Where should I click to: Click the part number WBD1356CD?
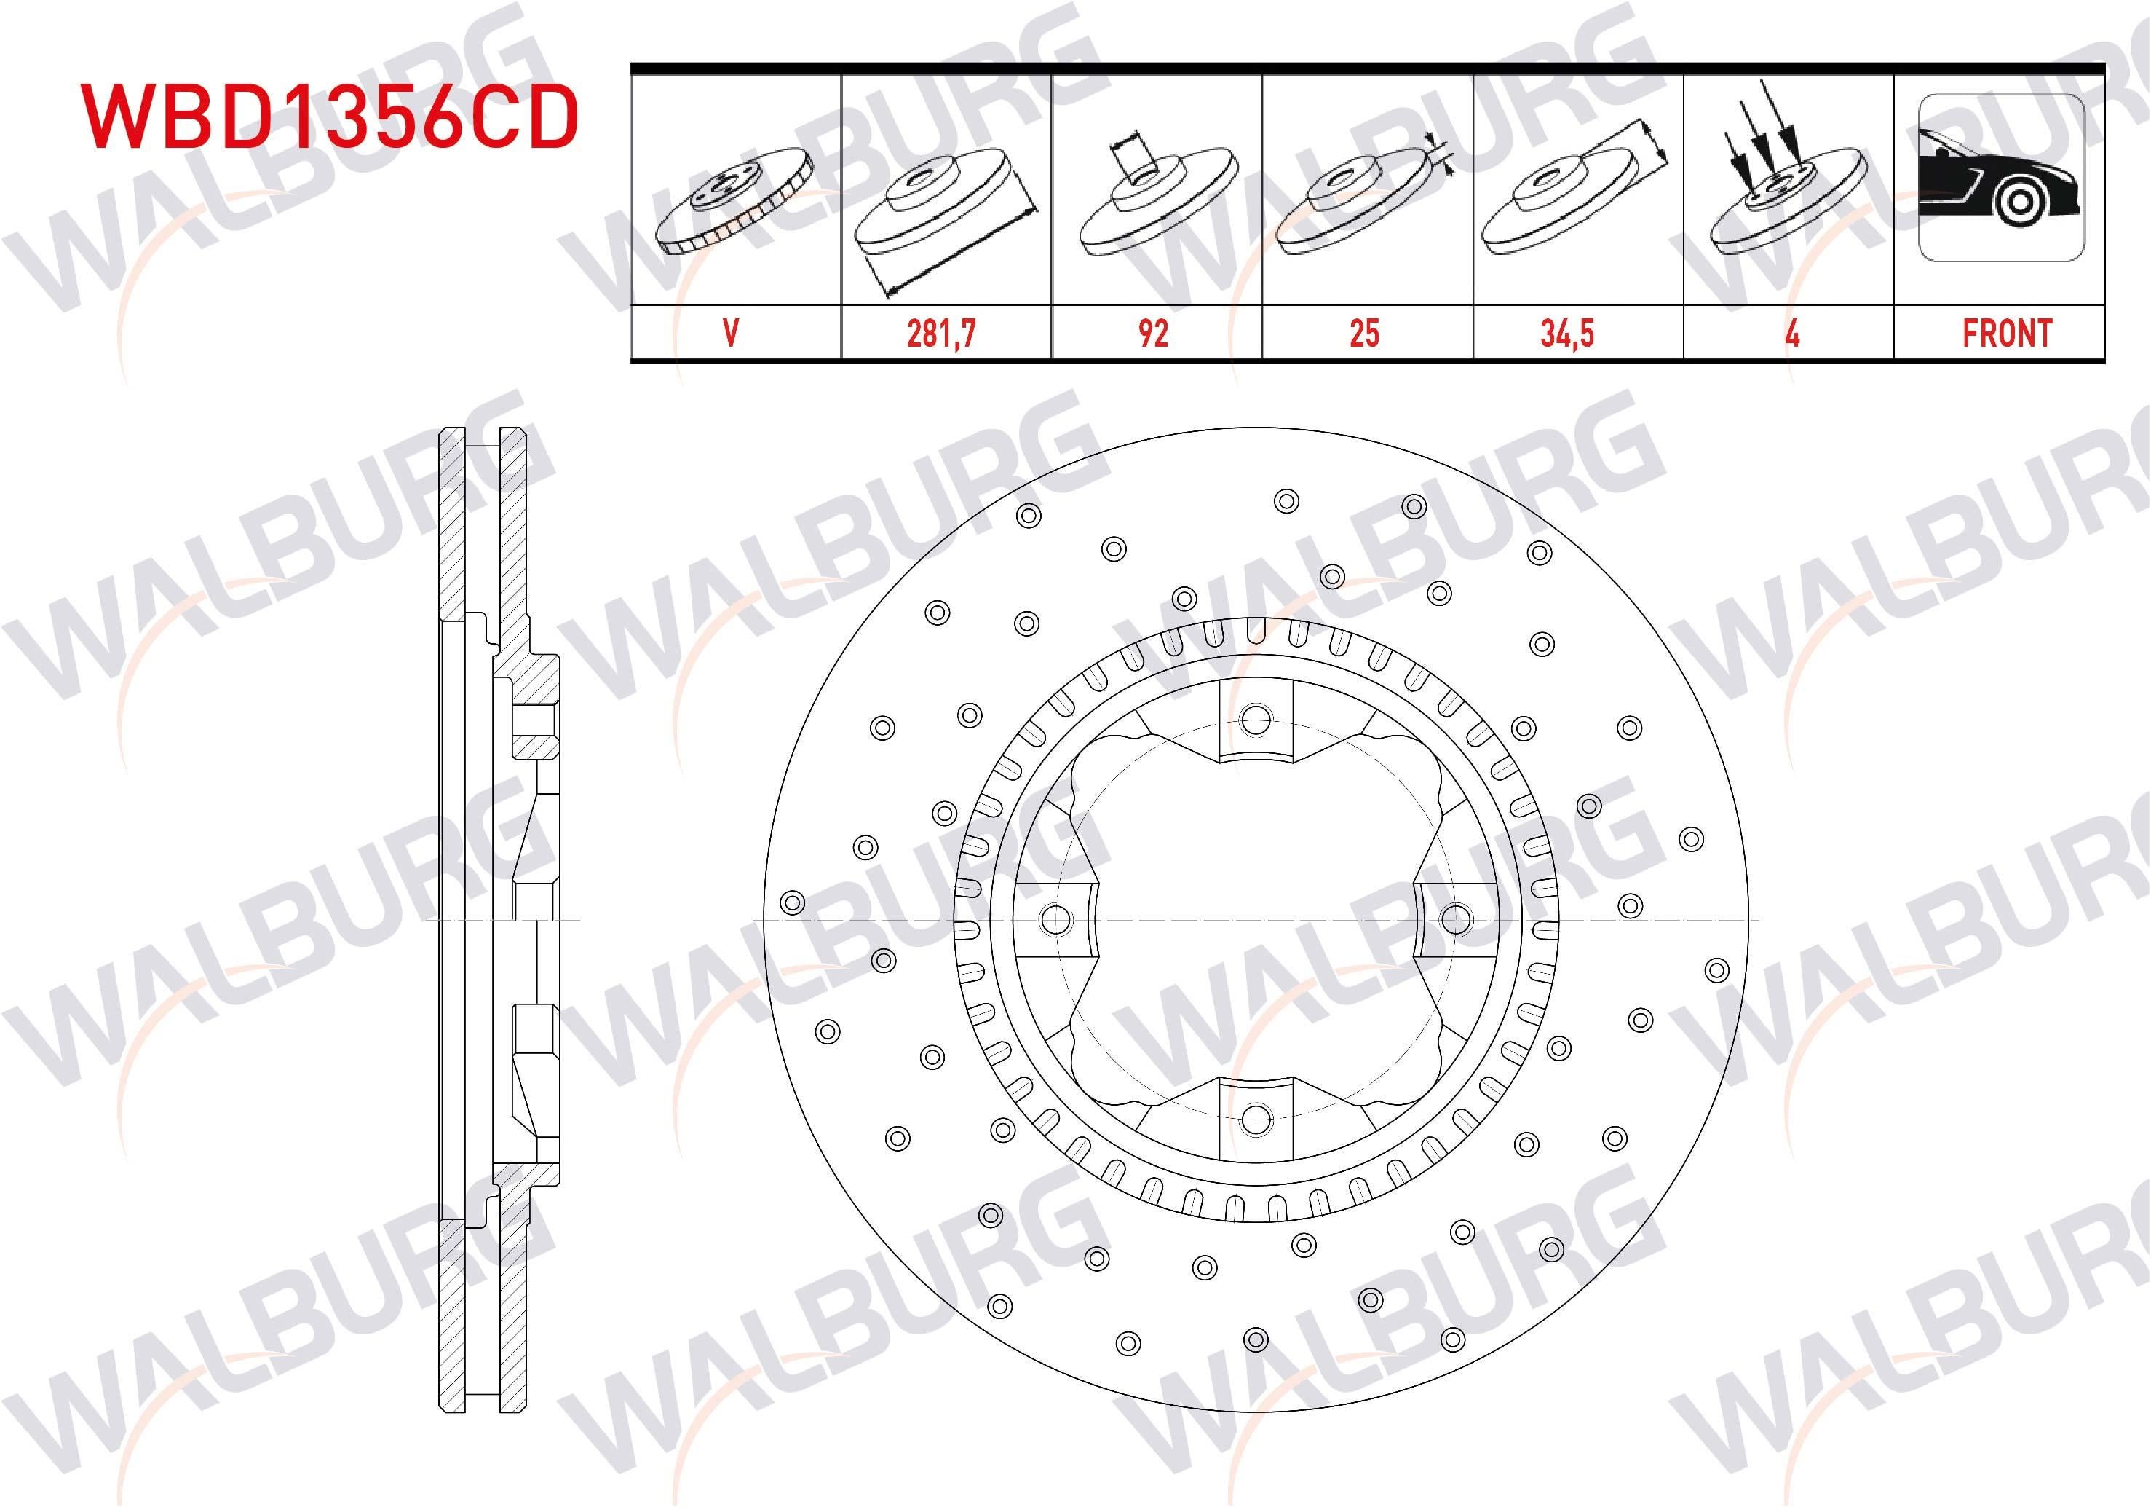click(x=330, y=117)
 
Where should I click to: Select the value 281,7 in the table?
click(x=941, y=333)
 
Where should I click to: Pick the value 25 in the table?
click(x=1364, y=333)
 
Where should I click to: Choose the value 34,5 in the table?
click(x=1567, y=333)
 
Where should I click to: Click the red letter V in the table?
click(x=732, y=333)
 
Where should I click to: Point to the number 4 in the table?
click(x=1792, y=333)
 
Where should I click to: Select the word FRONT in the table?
click(x=2007, y=333)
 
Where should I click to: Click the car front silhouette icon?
click(x=2002, y=178)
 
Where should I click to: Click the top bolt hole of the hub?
click(x=1254, y=720)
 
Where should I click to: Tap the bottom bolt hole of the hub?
click(x=1254, y=1118)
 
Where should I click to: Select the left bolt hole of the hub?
click(x=1055, y=919)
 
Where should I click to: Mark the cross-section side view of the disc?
click(x=499, y=918)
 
